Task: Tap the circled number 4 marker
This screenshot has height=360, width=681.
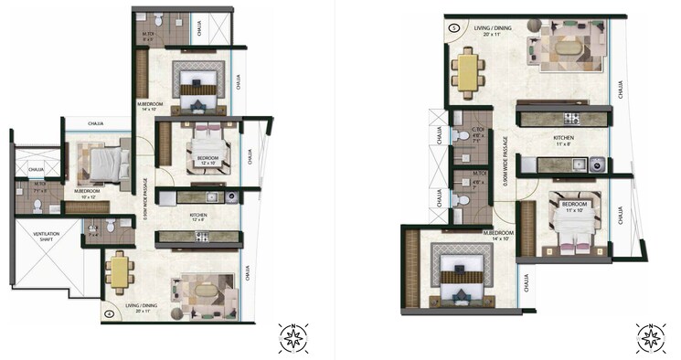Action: tap(110, 314)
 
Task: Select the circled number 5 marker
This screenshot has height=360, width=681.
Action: tap(454, 27)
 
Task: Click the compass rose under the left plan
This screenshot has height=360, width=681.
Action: tap(294, 338)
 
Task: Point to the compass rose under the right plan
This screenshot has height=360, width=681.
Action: tap(650, 337)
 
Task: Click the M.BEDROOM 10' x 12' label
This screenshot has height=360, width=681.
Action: tap(89, 194)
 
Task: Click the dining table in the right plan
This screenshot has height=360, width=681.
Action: tap(467, 72)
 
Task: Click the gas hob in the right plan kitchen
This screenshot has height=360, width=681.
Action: tap(571, 118)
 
